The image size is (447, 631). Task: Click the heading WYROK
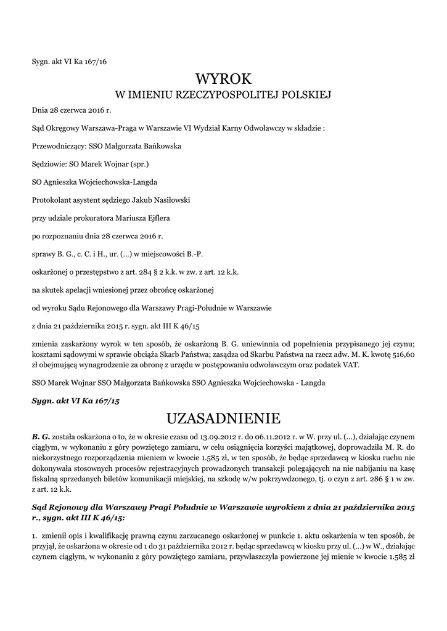click(223, 79)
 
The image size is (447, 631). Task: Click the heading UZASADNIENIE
click(223, 419)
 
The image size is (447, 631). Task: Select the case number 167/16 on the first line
click(100, 60)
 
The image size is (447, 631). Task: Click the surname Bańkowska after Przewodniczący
click(158, 146)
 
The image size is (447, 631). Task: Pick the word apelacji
click(76, 289)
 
